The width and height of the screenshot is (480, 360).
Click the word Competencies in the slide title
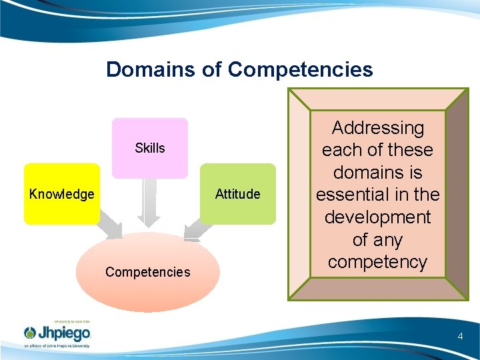pyautogui.click(x=300, y=69)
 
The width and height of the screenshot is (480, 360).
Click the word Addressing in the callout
pyautogui.click(x=377, y=127)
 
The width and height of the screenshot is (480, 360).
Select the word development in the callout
pyautogui.click(x=377, y=217)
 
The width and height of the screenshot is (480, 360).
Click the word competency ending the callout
pyautogui.click(x=377, y=262)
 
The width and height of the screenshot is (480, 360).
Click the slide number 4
pyautogui.click(x=460, y=336)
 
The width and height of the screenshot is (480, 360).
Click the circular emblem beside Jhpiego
pyautogui.click(x=31, y=333)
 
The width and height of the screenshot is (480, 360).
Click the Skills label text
pyautogui.click(x=150, y=148)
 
